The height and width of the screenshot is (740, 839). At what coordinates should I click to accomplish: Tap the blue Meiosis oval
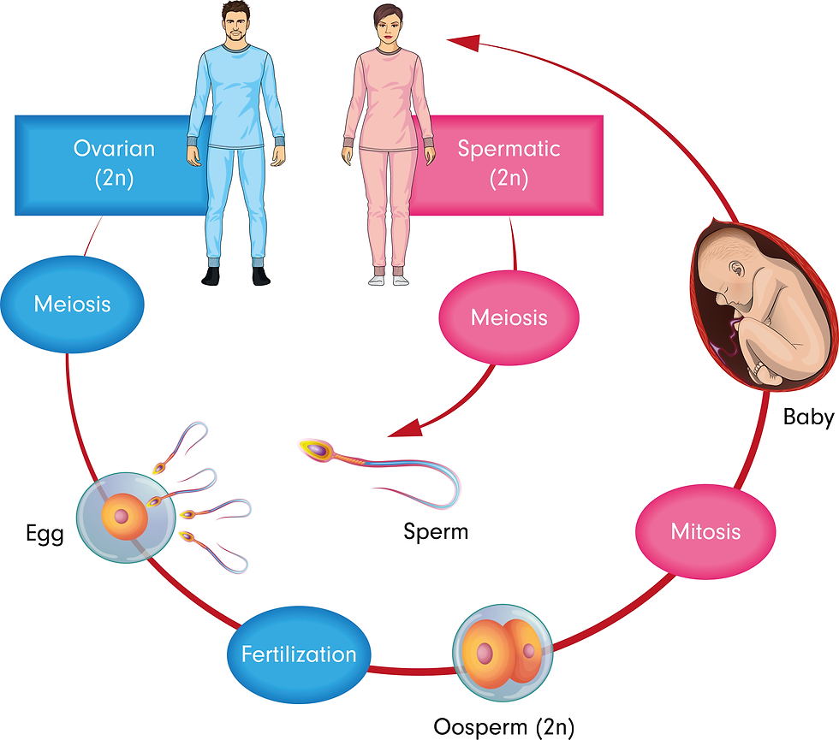coord(73,303)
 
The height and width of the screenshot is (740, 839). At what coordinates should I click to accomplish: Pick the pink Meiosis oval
coord(509,317)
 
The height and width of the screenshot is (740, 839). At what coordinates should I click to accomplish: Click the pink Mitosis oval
coord(705,531)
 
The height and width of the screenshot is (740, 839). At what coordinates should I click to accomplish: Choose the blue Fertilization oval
coord(298,655)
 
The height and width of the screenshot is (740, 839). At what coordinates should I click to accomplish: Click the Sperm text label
coord(436,531)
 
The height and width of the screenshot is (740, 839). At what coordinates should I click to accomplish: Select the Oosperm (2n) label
coord(504,726)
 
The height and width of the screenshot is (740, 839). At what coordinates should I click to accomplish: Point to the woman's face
coord(388,27)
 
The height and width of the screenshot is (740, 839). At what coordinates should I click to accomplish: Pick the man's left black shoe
coord(261,275)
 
